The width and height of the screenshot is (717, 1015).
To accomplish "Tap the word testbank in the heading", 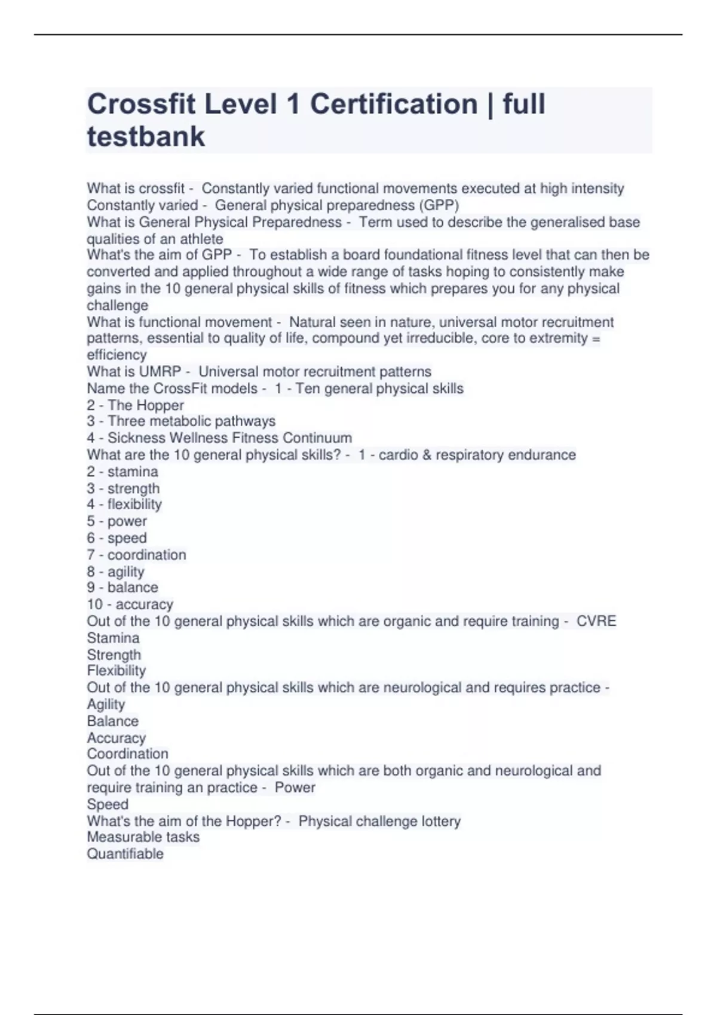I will pyautogui.click(x=146, y=136).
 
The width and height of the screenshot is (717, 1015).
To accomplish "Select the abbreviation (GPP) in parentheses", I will pyautogui.click(x=439, y=205).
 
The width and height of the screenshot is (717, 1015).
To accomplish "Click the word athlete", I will pyautogui.click(x=201, y=239).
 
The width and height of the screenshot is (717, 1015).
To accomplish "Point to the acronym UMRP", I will pyautogui.click(x=160, y=371).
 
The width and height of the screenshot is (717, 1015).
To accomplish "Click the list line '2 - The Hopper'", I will pyautogui.click(x=135, y=405).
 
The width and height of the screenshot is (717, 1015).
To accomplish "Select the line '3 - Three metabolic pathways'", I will pyautogui.click(x=181, y=421).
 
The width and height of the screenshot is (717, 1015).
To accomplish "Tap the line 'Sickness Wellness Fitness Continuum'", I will pyautogui.click(x=229, y=438).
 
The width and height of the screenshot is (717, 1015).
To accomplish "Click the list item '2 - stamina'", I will pyautogui.click(x=122, y=471).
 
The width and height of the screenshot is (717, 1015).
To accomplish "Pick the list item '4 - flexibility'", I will pyautogui.click(x=124, y=505).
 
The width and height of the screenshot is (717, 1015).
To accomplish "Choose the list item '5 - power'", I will pyautogui.click(x=117, y=521).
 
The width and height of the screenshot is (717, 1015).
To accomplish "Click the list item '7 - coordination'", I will pyautogui.click(x=136, y=555).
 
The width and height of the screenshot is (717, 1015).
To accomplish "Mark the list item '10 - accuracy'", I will pyautogui.click(x=130, y=604).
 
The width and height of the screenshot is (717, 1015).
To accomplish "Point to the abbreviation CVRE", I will pyautogui.click(x=596, y=621).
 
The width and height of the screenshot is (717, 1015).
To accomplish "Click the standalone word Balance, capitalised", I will pyautogui.click(x=112, y=721).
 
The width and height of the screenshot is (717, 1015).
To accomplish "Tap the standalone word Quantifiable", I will pyautogui.click(x=125, y=854).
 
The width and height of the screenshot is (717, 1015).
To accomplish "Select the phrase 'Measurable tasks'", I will pyautogui.click(x=143, y=837).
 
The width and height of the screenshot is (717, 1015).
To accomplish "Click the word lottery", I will pyautogui.click(x=441, y=821).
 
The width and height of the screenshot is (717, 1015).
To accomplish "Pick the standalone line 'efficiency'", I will pyautogui.click(x=117, y=355).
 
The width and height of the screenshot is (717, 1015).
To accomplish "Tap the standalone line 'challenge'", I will pyautogui.click(x=117, y=305).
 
